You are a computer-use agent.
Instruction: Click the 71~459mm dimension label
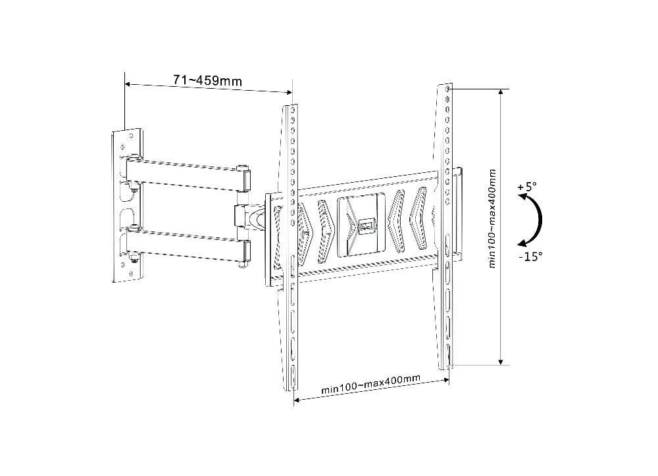coord(208,80)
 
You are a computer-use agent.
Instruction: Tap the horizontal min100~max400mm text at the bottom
coord(370,384)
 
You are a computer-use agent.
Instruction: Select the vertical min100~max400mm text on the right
coord(492,218)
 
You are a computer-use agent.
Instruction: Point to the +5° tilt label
coord(527,187)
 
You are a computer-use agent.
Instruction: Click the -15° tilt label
coord(530,256)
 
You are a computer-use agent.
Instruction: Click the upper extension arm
coord(187,172)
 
